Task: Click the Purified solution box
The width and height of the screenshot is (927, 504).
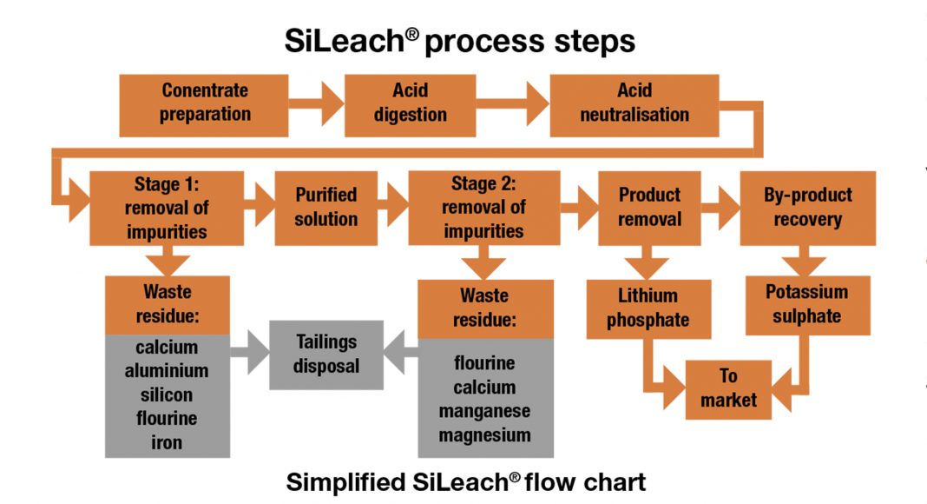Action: click(325, 207)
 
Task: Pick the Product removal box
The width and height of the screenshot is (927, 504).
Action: click(649, 207)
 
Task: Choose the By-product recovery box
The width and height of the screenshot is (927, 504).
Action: click(807, 207)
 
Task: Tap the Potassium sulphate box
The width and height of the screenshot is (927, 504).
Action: click(807, 304)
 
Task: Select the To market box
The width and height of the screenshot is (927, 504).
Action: click(728, 388)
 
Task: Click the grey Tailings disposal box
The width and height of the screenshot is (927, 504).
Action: click(325, 354)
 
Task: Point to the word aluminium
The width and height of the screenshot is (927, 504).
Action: click(167, 371)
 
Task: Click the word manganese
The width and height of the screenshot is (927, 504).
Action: click(483, 411)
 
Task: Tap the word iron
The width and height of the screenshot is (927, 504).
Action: click(167, 442)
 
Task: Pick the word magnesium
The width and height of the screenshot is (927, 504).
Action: click(483, 434)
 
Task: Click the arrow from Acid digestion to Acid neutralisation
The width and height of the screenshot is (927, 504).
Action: click(513, 105)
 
